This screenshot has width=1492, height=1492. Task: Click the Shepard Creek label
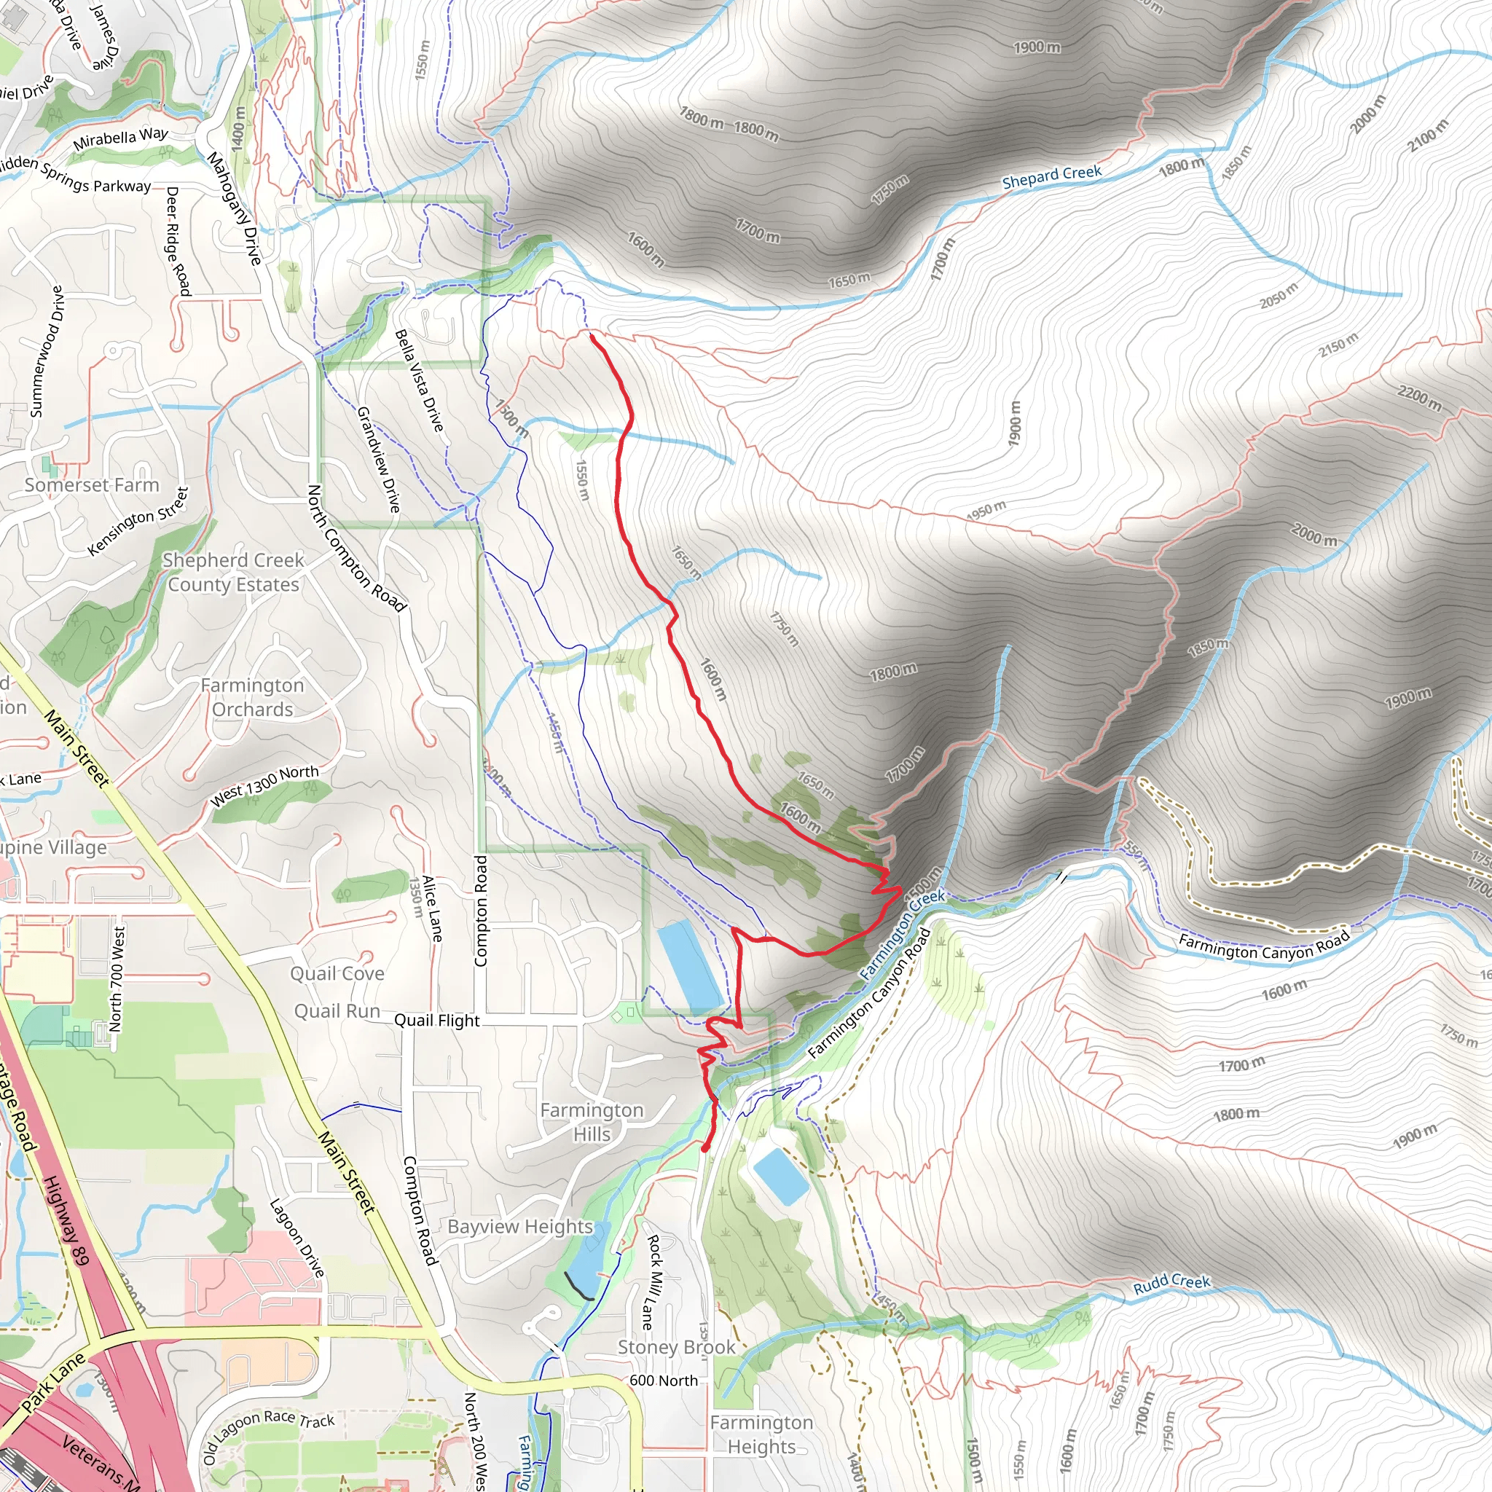pos(1051,177)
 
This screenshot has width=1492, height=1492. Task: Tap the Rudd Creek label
pos(1171,1284)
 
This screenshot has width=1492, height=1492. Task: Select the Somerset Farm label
pos(91,485)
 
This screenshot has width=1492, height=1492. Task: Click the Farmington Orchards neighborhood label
pos(253,697)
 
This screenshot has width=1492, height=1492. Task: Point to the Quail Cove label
pos(337,974)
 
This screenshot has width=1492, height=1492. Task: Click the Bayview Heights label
pos(519,1227)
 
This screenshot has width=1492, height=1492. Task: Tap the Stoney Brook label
pos(676,1348)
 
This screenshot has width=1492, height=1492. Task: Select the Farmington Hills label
pos(592,1122)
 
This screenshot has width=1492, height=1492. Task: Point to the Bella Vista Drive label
pos(420,381)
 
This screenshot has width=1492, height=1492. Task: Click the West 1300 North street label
pos(264,785)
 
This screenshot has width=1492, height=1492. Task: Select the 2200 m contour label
pos(1418,398)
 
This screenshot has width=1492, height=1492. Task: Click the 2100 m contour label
pos(1427,136)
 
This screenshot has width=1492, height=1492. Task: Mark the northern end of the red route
pos(592,335)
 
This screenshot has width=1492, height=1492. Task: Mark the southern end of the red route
pos(705,1150)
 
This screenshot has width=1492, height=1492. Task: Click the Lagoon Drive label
pos(296,1238)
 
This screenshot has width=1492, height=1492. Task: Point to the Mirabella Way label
pos(120,139)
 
